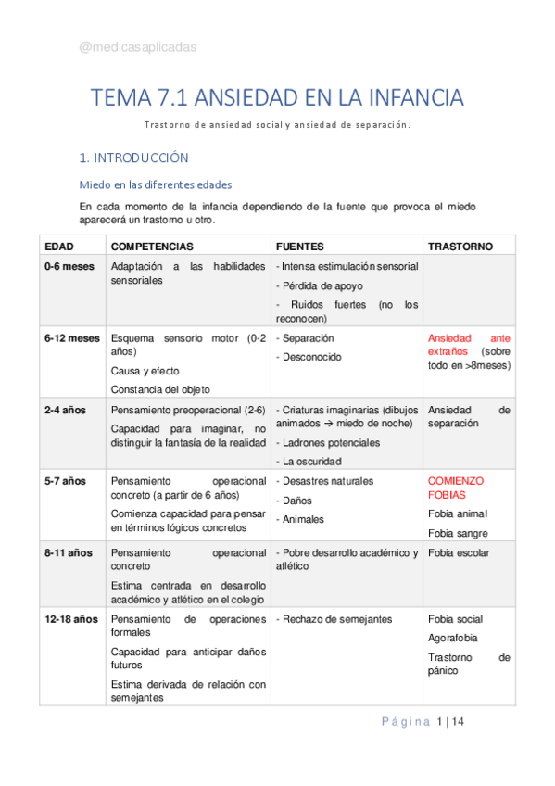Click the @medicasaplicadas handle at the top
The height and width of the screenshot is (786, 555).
coord(137,47)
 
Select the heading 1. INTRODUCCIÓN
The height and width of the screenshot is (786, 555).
coord(133,158)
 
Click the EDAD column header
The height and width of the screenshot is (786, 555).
coord(59,247)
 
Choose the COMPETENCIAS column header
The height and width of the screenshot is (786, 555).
coord(152,247)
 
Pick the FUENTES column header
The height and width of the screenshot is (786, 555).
coord(300,247)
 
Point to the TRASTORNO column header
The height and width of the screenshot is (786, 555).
coord(460,247)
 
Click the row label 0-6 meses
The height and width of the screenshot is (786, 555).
coord(69,266)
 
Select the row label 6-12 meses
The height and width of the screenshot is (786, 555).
coord(72,338)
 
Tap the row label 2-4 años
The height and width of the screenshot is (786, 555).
coord(66,410)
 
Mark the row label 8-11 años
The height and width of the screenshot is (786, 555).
coord(69,553)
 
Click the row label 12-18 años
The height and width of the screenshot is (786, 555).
coord(71,618)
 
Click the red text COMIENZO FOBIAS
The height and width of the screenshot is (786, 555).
coord(456,488)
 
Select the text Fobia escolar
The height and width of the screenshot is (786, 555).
coord(460,553)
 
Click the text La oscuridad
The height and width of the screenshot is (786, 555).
coord(309,461)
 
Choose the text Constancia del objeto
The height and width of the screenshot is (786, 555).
coord(160,389)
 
